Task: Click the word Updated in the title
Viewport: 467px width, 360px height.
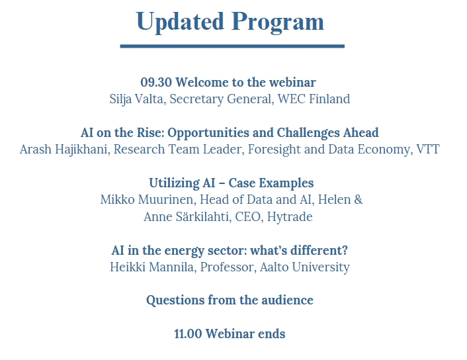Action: (180, 22)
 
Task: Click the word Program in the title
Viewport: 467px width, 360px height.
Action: (278, 22)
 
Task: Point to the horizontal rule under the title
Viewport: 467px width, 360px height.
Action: (232, 46)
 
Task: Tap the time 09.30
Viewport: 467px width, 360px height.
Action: (156, 82)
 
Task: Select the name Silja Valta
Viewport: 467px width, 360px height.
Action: (137, 99)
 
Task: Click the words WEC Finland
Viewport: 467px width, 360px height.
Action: (314, 99)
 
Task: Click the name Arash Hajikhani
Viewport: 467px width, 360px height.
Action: (64, 150)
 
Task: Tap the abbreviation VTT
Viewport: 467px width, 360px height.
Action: (428, 150)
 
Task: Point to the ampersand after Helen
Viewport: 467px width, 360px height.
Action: (359, 200)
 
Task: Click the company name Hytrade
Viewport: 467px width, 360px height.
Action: (290, 217)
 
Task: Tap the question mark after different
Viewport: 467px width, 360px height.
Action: (345, 250)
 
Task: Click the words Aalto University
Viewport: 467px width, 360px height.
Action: (305, 267)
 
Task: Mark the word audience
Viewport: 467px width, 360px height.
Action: (287, 300)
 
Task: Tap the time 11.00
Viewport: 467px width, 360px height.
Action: (188, 334)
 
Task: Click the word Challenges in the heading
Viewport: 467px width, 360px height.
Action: (308, 133)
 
